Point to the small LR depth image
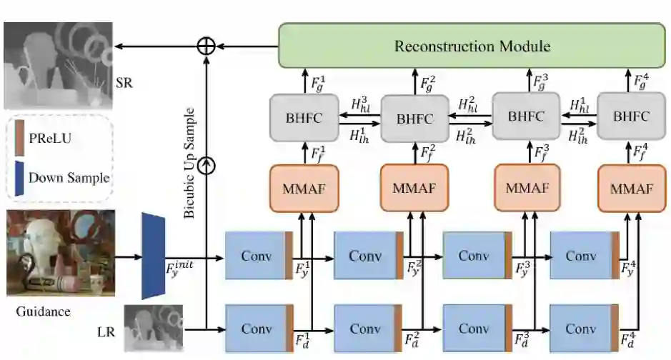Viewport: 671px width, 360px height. pos(154,328)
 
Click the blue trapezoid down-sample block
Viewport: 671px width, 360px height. pos(154,255)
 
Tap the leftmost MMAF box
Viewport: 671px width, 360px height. pos(303,188)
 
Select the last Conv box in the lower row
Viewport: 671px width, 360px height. pos(580,329)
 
